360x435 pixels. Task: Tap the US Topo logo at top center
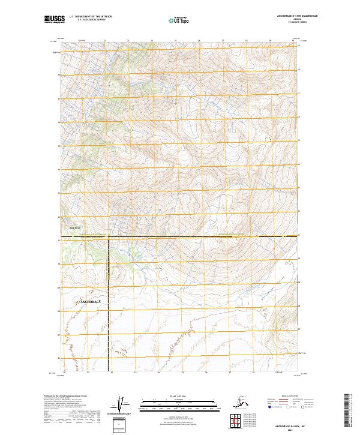tap(180, 20)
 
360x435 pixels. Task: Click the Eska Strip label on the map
tap(74, 227)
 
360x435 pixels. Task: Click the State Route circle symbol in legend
tap(302, 407)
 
